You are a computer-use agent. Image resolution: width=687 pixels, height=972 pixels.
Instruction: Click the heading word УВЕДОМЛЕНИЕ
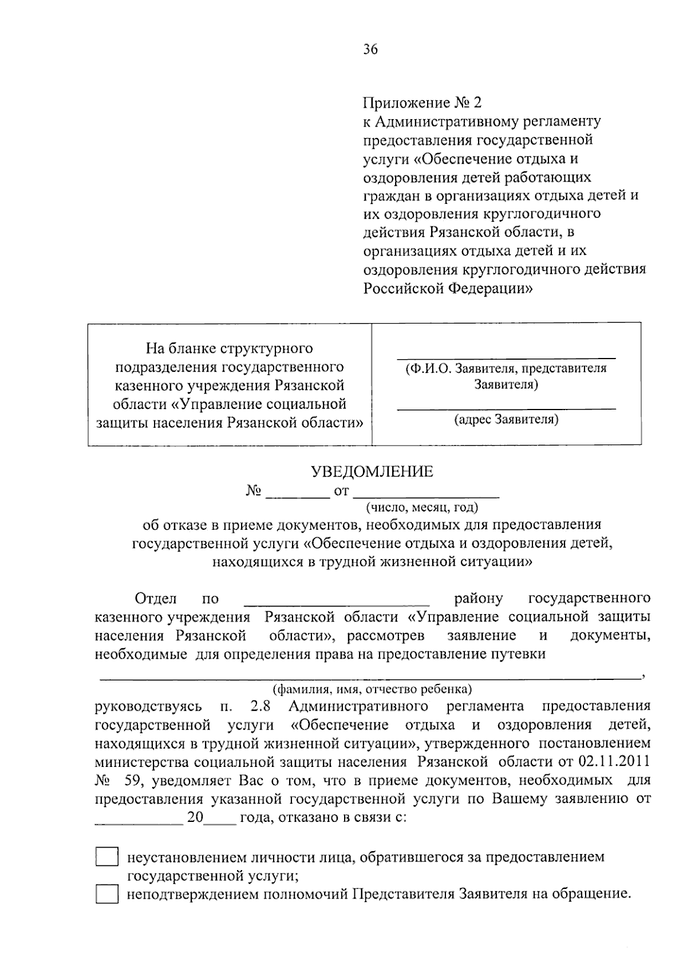(x=372, y=472)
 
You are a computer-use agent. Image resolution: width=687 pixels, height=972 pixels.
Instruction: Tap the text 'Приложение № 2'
(x=423, y=103)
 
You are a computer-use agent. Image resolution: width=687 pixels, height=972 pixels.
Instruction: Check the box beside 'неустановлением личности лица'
(x=106, y=857)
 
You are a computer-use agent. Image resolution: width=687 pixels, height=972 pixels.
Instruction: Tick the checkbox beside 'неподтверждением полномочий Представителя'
(x=106, y=894)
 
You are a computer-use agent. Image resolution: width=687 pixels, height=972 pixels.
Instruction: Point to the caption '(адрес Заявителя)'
(x=506, y=420)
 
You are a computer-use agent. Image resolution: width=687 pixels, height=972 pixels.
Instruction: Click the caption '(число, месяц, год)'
(x=422, y=507)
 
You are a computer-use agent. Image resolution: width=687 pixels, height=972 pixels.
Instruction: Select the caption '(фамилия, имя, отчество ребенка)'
(x=372, y=688)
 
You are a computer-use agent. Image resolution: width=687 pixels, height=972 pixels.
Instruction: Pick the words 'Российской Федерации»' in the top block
(x=448, y=289)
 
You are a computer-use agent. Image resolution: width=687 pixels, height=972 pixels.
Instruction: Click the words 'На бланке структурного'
(x=229, y=348)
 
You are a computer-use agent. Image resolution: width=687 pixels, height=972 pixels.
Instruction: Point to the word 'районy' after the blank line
(x=479, y=599)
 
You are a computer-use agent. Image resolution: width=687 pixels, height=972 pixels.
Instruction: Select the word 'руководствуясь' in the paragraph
(x=148, y=706)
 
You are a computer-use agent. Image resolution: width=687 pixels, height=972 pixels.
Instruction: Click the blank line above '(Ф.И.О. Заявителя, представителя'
(x=506, y=357)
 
